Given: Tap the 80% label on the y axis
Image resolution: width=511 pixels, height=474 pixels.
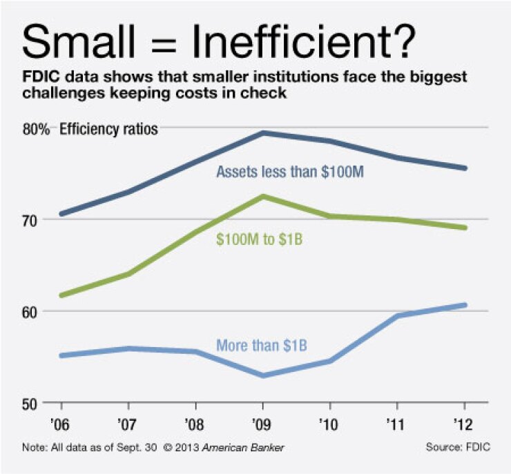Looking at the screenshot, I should coord(35,128).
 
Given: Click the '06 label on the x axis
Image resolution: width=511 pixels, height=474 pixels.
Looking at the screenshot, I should coord(61,422).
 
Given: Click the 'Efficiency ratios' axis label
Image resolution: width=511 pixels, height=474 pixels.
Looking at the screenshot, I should coord(109,128).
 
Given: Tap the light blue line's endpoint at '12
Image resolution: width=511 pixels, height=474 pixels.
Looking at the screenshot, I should coord(464,305).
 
